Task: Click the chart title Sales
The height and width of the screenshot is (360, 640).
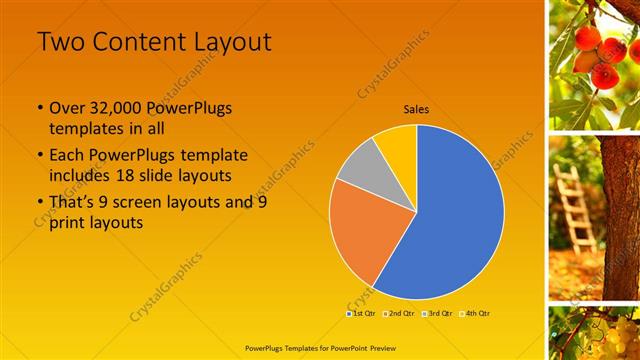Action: click(x=416, y=110)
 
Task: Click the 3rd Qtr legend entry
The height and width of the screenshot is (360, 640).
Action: click(x=437, y=313)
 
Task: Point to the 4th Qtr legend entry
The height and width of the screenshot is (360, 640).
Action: click(x=475, y=313)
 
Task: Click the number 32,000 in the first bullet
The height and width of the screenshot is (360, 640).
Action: click(x=120, y=108)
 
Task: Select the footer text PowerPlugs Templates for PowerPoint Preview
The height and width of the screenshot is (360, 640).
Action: click(x=319, y=348)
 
